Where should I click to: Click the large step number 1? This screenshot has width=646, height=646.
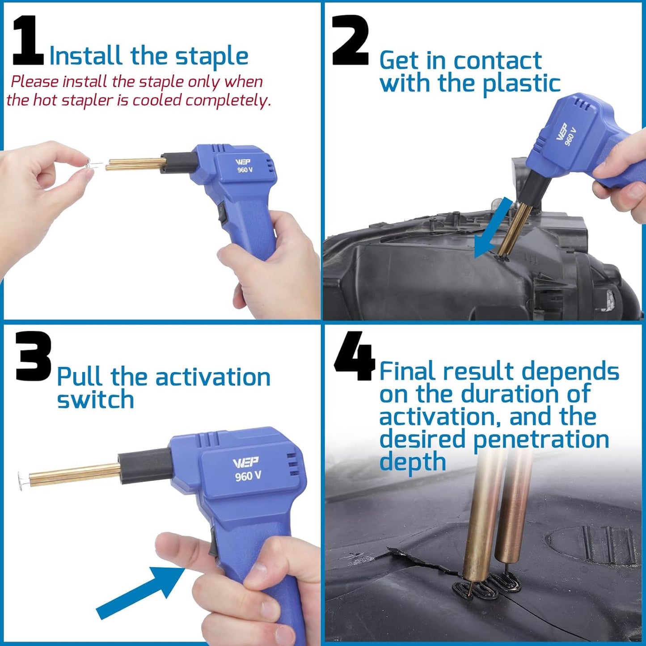28,41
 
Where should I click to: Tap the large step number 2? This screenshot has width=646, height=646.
351,41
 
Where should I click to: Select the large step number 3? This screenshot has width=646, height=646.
34,356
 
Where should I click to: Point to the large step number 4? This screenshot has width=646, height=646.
355,356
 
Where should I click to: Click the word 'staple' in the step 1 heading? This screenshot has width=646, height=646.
211,57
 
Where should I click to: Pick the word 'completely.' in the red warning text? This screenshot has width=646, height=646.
228,100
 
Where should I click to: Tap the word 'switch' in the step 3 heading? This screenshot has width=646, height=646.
95,400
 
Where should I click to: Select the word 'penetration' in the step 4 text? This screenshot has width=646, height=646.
541,439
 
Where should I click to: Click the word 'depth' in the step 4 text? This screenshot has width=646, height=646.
412,462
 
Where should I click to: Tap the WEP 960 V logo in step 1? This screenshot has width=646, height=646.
244,166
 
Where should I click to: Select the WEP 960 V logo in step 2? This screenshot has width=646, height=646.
566,134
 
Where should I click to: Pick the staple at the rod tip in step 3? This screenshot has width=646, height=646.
22,480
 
